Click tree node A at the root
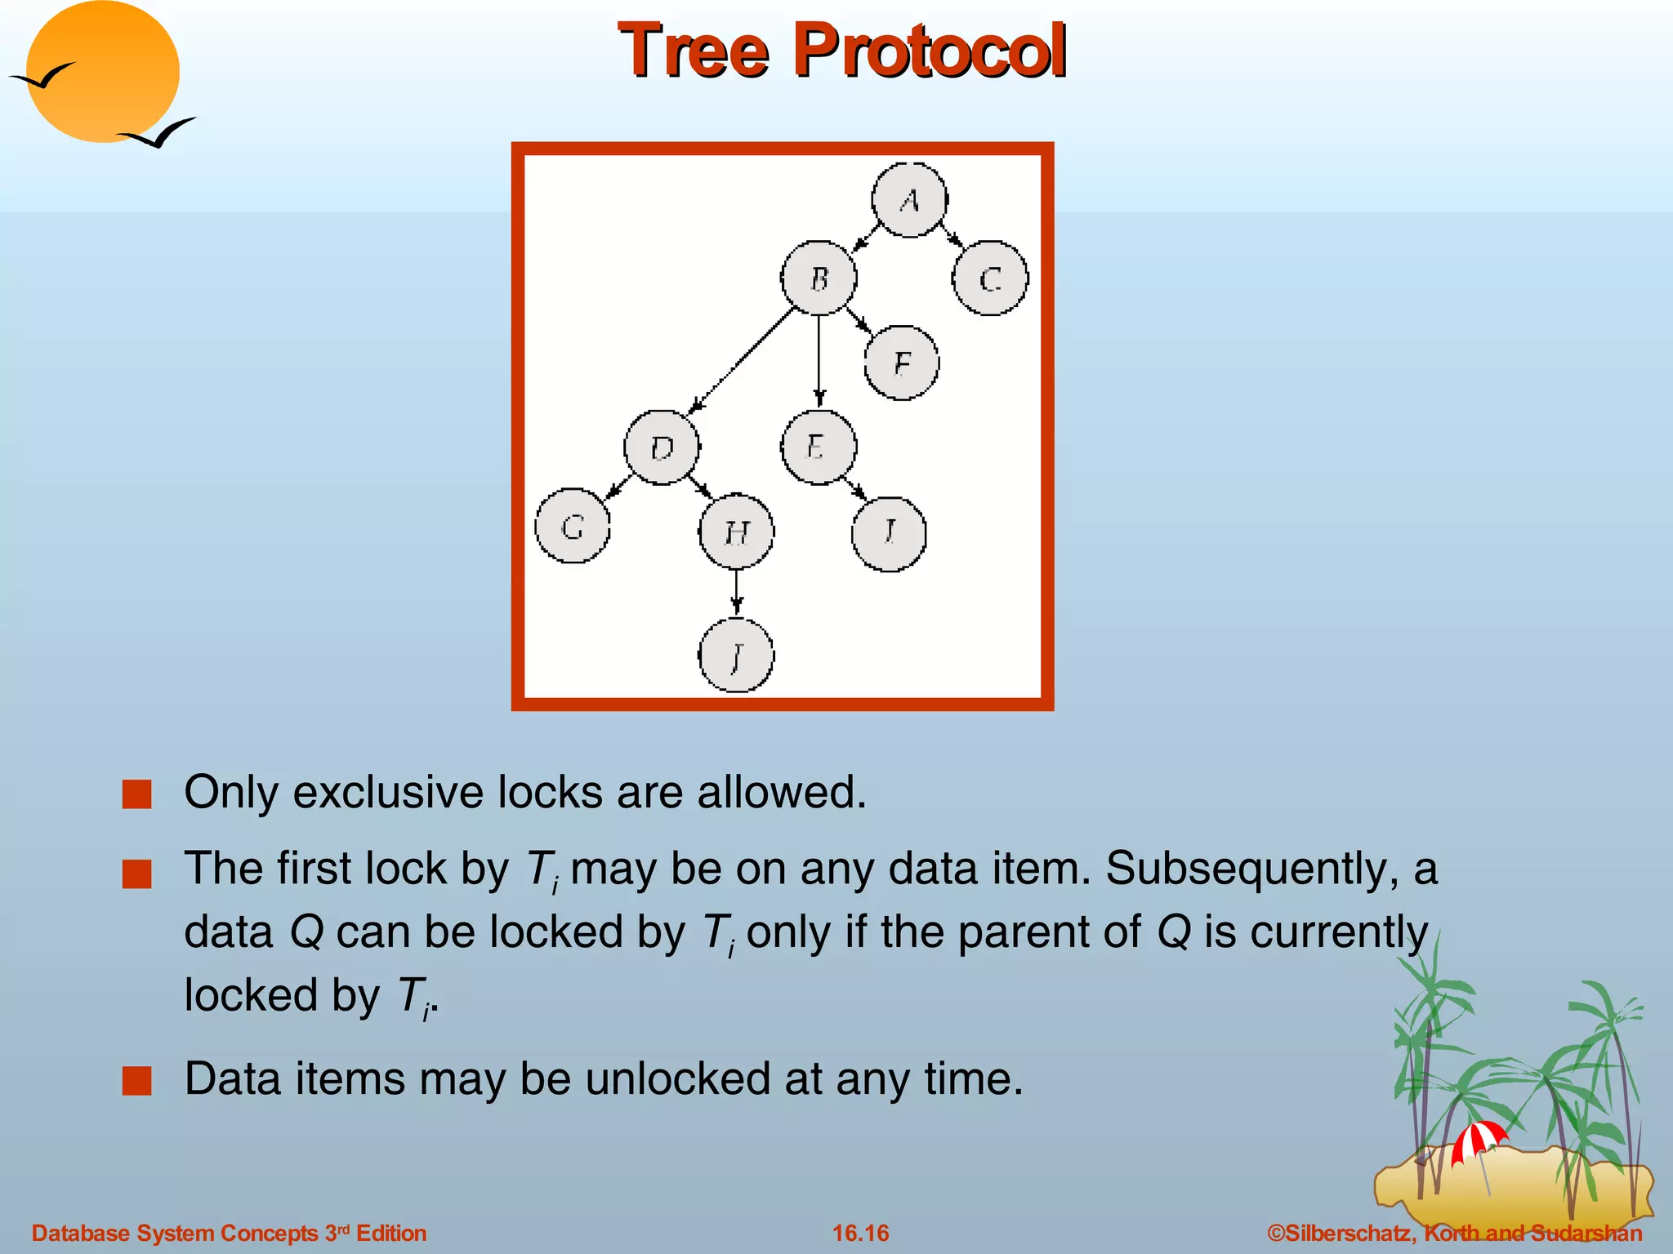pyautogui.click(x=909, y=200)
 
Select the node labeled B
pyautogui.click(x=819, y=278)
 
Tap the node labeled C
pyautogui.click(x=990, y=278)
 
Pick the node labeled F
pyautogui.click(x=902, y=362)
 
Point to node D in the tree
pyautogui.click(x=662, y=447)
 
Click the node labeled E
pyautogui.click(x=819, y=447)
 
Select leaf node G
pyautogui.click(x=573, y=527)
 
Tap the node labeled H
pyautogui.click(x=737, y=531)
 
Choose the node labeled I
pyautogui.click(x=889, y=533)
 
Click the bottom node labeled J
pyautogui.click(x=737, y=655)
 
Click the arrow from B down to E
pyautogui.click(x=819, y=359)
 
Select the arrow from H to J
pyautogui.click(x=737, y=592)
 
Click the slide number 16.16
pyautogui.click(x=860, y=1233)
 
